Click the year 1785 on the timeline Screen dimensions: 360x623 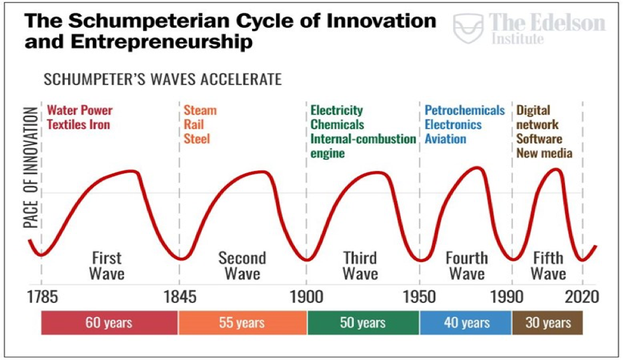tap(41, 297)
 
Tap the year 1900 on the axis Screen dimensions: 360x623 tap(307, 297)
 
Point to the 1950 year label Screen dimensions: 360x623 tap(419, 297)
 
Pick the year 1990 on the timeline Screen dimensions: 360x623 tap(512, 297)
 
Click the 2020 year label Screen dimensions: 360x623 tap(583, 297)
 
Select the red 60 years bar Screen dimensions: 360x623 tap(109, 323)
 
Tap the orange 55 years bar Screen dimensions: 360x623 tap(242, 323)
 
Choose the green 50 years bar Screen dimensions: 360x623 tap(363, 323)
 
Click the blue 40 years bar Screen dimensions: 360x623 tap(466, 323)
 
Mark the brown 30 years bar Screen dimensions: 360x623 tap(547, 323)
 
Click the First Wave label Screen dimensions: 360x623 tap(107, 266)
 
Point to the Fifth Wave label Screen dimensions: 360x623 tap(548, 266)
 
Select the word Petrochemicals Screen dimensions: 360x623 tap(465, 111)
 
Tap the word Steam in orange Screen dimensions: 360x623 tap(200, 111)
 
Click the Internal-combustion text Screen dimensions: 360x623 tap(363, 139)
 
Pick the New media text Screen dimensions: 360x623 tap(544, 153)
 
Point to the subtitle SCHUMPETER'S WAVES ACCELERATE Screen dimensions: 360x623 tap(162, 81)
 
